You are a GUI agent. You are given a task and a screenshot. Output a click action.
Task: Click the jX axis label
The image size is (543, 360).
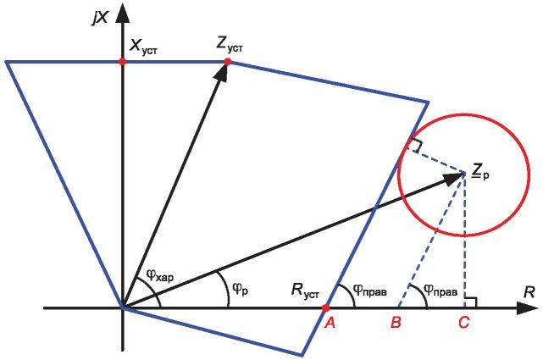(x=101, y=18)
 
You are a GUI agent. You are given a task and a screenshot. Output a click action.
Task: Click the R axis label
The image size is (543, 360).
(x=529, y=292)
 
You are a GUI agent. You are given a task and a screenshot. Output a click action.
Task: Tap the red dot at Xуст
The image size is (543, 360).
(x=122, y=62)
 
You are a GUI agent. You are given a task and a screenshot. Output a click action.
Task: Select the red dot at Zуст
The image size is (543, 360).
(x=228, y=62)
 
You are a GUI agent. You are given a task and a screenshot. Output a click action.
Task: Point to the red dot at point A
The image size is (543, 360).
(x=325, y=307)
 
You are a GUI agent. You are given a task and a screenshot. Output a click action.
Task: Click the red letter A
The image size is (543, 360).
(x=330, y=323)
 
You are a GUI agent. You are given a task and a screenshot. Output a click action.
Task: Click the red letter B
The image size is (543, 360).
(x=396, y=323)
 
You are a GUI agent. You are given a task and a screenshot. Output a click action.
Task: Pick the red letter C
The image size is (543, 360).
(x=463, y=323)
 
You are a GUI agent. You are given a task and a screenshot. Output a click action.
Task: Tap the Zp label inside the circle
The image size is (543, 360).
(x=481, y=172)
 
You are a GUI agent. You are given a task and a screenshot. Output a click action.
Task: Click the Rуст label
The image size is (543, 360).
(x=305, y=290)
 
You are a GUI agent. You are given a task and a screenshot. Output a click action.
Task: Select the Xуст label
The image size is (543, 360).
(x=143, y=46)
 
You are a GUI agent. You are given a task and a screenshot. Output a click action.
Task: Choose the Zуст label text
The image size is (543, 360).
(x=229, y=45)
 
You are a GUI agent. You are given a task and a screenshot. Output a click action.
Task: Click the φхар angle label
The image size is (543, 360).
(x=159, y=276)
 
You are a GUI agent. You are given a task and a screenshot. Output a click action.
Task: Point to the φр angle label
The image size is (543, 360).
(x=240, y=288)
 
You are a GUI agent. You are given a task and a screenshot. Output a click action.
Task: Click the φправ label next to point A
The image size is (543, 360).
(x=370, y=290)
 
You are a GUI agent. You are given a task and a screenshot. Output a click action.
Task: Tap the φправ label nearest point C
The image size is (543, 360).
(x=440, y=290)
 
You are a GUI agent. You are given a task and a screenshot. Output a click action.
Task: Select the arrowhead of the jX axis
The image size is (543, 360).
(x=122, y=14)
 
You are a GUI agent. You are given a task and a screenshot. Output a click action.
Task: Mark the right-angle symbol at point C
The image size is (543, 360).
(x=471, y=302)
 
